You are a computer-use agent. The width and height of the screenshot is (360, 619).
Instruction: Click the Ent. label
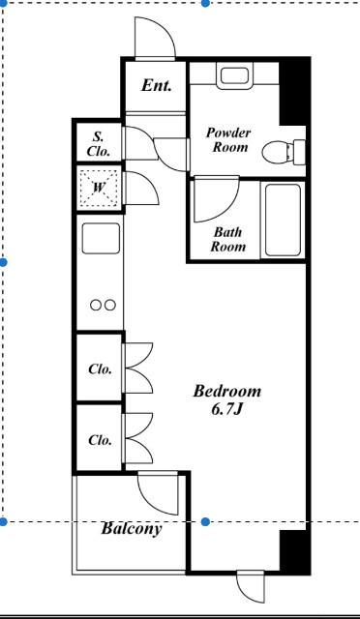(157, 85)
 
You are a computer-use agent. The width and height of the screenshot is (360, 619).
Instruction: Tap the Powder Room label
(228, 139)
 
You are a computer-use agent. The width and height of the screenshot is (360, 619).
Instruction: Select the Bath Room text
(227, 239)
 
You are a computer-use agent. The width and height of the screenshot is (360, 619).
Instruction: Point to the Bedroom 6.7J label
(226, 399)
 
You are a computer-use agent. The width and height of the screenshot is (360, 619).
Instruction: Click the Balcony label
(132, 528)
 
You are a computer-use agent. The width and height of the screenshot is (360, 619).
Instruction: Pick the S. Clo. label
(99, 144)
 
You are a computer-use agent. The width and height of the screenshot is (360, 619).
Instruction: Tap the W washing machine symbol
(99, 189)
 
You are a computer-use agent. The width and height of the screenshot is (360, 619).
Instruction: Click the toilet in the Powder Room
(284, 151)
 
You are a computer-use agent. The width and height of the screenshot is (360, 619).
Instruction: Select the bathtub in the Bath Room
(283, 220)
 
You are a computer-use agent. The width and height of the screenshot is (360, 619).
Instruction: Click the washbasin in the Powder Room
(234, 75)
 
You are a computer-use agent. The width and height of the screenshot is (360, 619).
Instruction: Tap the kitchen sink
(101, 238)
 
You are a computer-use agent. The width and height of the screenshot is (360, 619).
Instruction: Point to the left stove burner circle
(96, 306)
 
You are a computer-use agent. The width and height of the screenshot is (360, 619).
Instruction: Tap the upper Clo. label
(100, 369)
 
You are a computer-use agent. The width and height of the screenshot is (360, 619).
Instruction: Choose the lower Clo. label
(100, 440)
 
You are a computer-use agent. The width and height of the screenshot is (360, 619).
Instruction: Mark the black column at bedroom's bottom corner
(294, 550)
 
